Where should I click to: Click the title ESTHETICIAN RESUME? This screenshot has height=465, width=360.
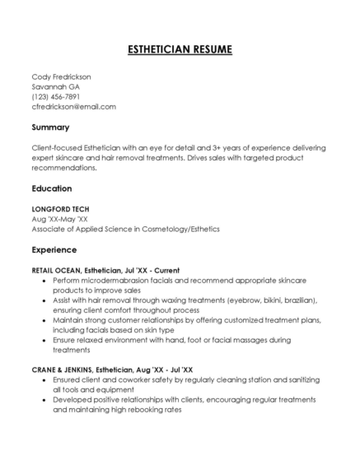pyautogui.click(x=180, y=49)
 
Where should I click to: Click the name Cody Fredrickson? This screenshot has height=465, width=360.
pyautogui.click(x=61, y=77)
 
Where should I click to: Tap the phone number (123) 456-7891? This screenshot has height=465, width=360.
pyautogui.click(x=55, y=96)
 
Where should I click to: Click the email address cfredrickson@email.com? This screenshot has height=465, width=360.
pyautogui.click(x=73, y=106)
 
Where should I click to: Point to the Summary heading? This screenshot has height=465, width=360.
pyautogui.click(x=50, y=128)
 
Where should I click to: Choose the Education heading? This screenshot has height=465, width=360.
pyautogui.click(x=52, y=188)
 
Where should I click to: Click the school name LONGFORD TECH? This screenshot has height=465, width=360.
pyautogui.click(x=60, y=209)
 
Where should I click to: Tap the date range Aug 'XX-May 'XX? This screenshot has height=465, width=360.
pyautogui.click(x=59, y=219)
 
